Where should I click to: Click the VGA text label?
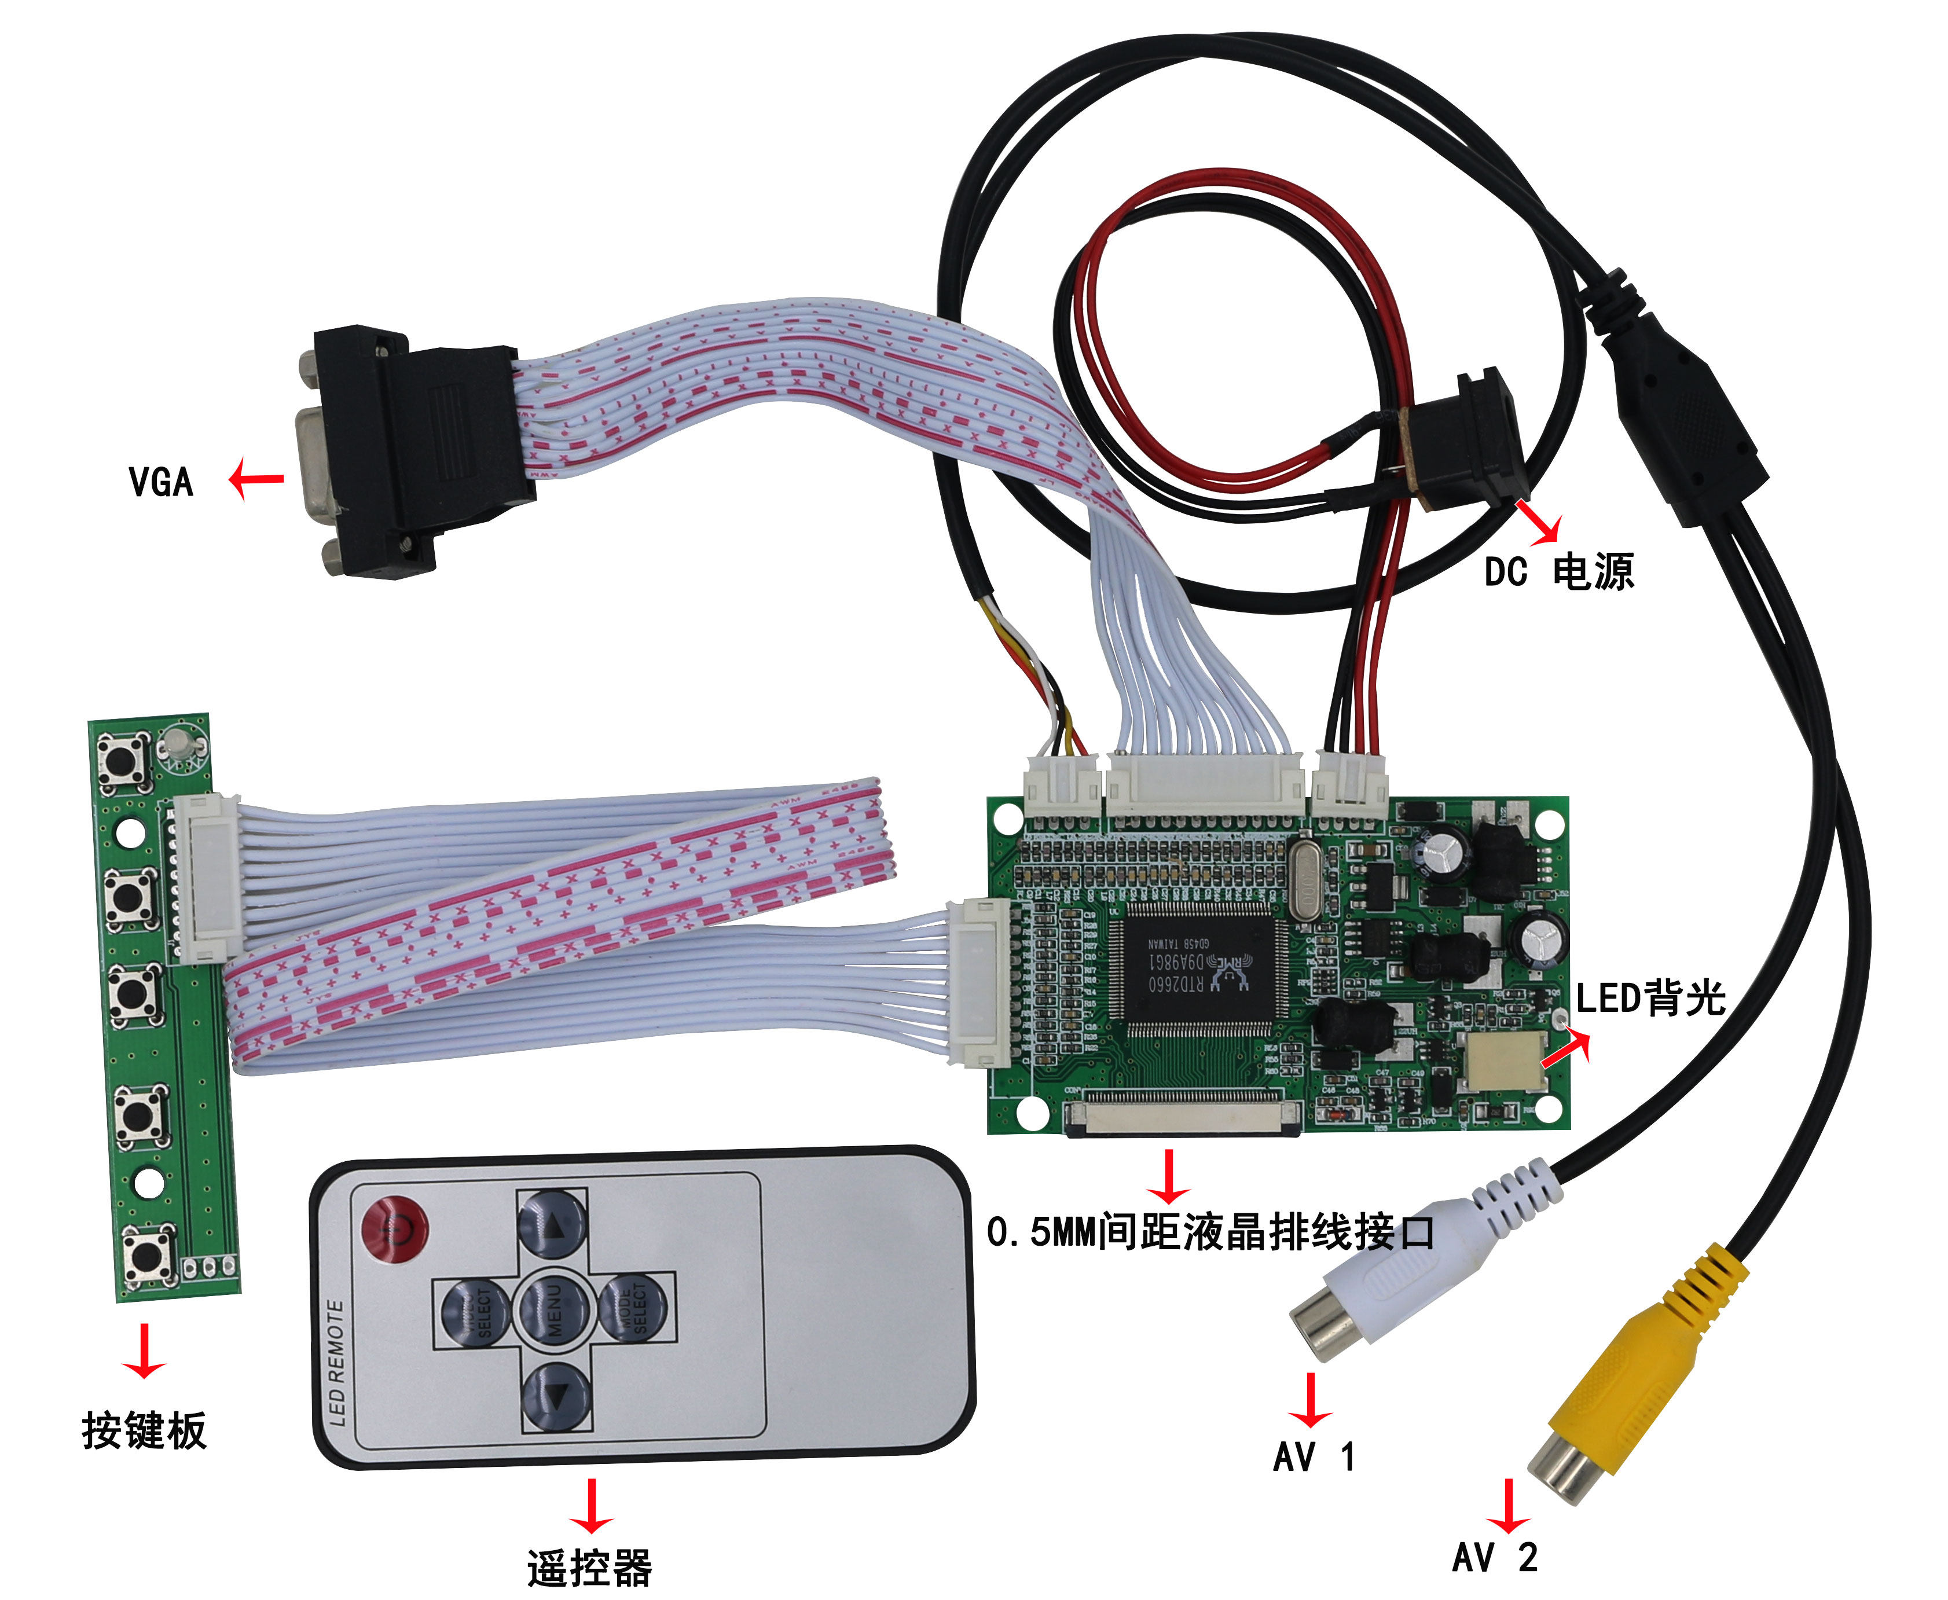tap(162, 482)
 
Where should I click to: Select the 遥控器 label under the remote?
tap(590, 1568)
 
